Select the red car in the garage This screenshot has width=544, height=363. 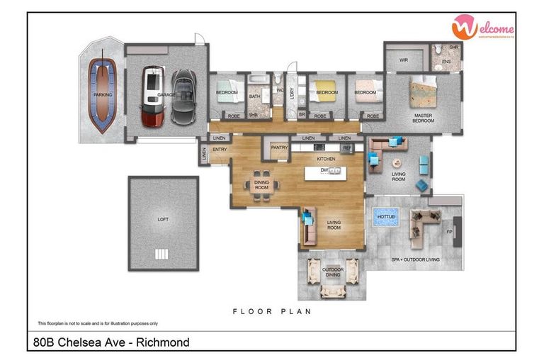152,96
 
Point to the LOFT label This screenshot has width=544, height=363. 163,219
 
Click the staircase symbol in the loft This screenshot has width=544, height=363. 161,255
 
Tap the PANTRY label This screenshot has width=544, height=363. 279,147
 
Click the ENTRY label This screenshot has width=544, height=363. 220,149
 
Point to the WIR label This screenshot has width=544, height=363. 403,60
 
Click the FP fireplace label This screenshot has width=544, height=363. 449,231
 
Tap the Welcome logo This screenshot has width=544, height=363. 483,28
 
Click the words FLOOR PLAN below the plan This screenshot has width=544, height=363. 272,311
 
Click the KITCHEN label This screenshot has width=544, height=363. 326,159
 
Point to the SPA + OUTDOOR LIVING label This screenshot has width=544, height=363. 416,259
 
